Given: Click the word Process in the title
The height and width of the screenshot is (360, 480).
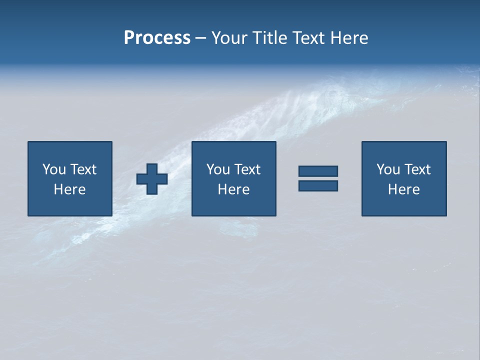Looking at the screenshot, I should [157, 38].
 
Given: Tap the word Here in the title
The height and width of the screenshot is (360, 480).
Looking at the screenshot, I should [349, 38].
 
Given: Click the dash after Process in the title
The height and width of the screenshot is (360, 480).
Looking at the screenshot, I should [201, 38].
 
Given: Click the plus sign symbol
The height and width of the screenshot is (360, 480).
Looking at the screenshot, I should [152, 179].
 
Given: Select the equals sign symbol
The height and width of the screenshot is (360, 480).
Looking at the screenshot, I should [318, 178].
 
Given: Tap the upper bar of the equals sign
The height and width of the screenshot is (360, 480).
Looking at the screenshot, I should [318, 171].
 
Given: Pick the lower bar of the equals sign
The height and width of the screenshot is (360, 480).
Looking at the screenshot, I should [318, 185].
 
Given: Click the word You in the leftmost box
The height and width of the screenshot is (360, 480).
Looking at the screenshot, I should [54, 169].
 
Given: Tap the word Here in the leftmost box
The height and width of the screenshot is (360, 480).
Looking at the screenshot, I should [69, 189].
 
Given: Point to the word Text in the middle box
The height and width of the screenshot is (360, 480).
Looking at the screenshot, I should [246, 169].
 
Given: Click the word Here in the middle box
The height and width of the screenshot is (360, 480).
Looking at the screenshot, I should [233, 189].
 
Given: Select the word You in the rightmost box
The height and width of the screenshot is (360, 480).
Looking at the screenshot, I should [388, 169].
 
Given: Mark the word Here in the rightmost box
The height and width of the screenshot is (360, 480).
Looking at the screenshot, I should [403, 189].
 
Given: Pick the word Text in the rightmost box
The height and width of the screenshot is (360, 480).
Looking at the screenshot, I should [416, 169].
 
